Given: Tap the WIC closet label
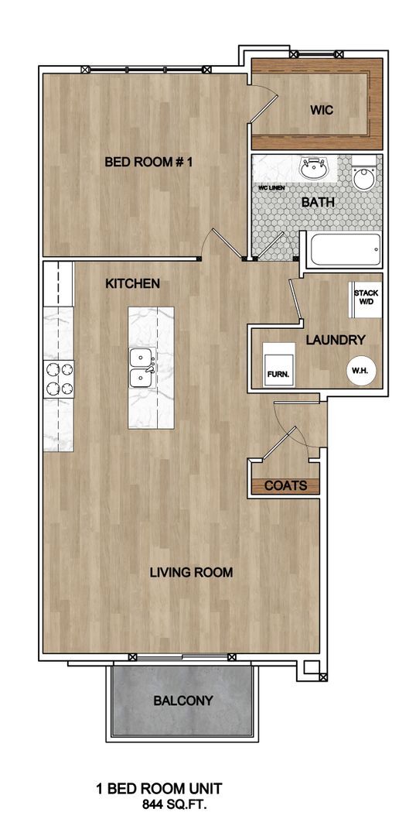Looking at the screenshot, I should [322, 110].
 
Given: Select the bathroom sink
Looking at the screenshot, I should [315, 168].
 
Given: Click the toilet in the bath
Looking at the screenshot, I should [362, 175].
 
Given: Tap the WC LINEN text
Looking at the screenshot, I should [271, 188].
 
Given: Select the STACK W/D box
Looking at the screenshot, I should [365, 297].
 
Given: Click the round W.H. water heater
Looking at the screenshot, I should [360, 370].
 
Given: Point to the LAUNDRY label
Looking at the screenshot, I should [335, 340].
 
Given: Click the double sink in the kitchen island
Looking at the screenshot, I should [141, 368].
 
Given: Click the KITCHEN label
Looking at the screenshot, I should [132, 284].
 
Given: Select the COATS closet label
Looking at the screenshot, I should [285, 486].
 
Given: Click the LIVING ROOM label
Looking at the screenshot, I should [191, 573].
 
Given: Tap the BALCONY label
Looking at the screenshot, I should [182, 701].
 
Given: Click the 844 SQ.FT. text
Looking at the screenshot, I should [175, 805].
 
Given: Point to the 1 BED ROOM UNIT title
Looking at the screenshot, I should [159, 789].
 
